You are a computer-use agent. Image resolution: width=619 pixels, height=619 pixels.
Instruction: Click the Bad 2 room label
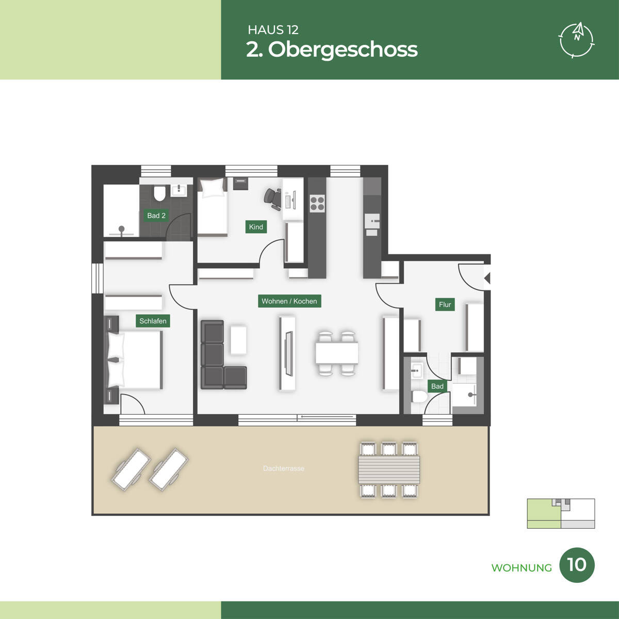[156, 216]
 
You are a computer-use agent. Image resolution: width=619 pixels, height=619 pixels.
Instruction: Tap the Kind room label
[256, 227]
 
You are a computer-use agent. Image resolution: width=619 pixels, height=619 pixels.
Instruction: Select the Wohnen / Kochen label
[289, 301]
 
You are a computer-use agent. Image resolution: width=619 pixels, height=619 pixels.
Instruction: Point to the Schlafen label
[153, 321]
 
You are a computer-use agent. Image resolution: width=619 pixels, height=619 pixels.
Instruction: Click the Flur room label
[445, 304]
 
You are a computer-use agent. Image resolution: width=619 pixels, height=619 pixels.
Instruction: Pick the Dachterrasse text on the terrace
[284, 469]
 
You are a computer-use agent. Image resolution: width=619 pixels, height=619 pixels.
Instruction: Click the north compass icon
[577, 40]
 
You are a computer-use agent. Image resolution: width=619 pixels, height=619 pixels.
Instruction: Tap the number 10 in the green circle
[577, 574]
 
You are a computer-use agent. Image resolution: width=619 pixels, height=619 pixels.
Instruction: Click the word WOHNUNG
[522, 577]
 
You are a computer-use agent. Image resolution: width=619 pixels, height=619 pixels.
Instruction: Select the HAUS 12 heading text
[273, 30]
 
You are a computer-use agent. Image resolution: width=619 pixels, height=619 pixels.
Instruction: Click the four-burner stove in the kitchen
[317, 203]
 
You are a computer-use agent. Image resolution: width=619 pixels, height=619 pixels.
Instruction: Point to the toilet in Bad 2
[159, 193]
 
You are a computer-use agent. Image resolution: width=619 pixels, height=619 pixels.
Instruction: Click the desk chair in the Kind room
[272, 200]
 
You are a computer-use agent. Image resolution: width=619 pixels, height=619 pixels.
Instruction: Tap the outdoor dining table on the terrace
[389, 469]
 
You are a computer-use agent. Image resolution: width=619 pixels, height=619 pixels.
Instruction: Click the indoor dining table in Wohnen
[337, 353]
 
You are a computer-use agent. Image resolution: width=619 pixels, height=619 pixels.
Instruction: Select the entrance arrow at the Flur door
[487, 278]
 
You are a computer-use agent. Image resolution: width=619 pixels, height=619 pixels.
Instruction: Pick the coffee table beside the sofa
[238, 340]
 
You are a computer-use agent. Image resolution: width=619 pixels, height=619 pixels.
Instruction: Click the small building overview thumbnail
[561, 513]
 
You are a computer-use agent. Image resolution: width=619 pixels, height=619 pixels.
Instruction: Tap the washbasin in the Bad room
[417, 371]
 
